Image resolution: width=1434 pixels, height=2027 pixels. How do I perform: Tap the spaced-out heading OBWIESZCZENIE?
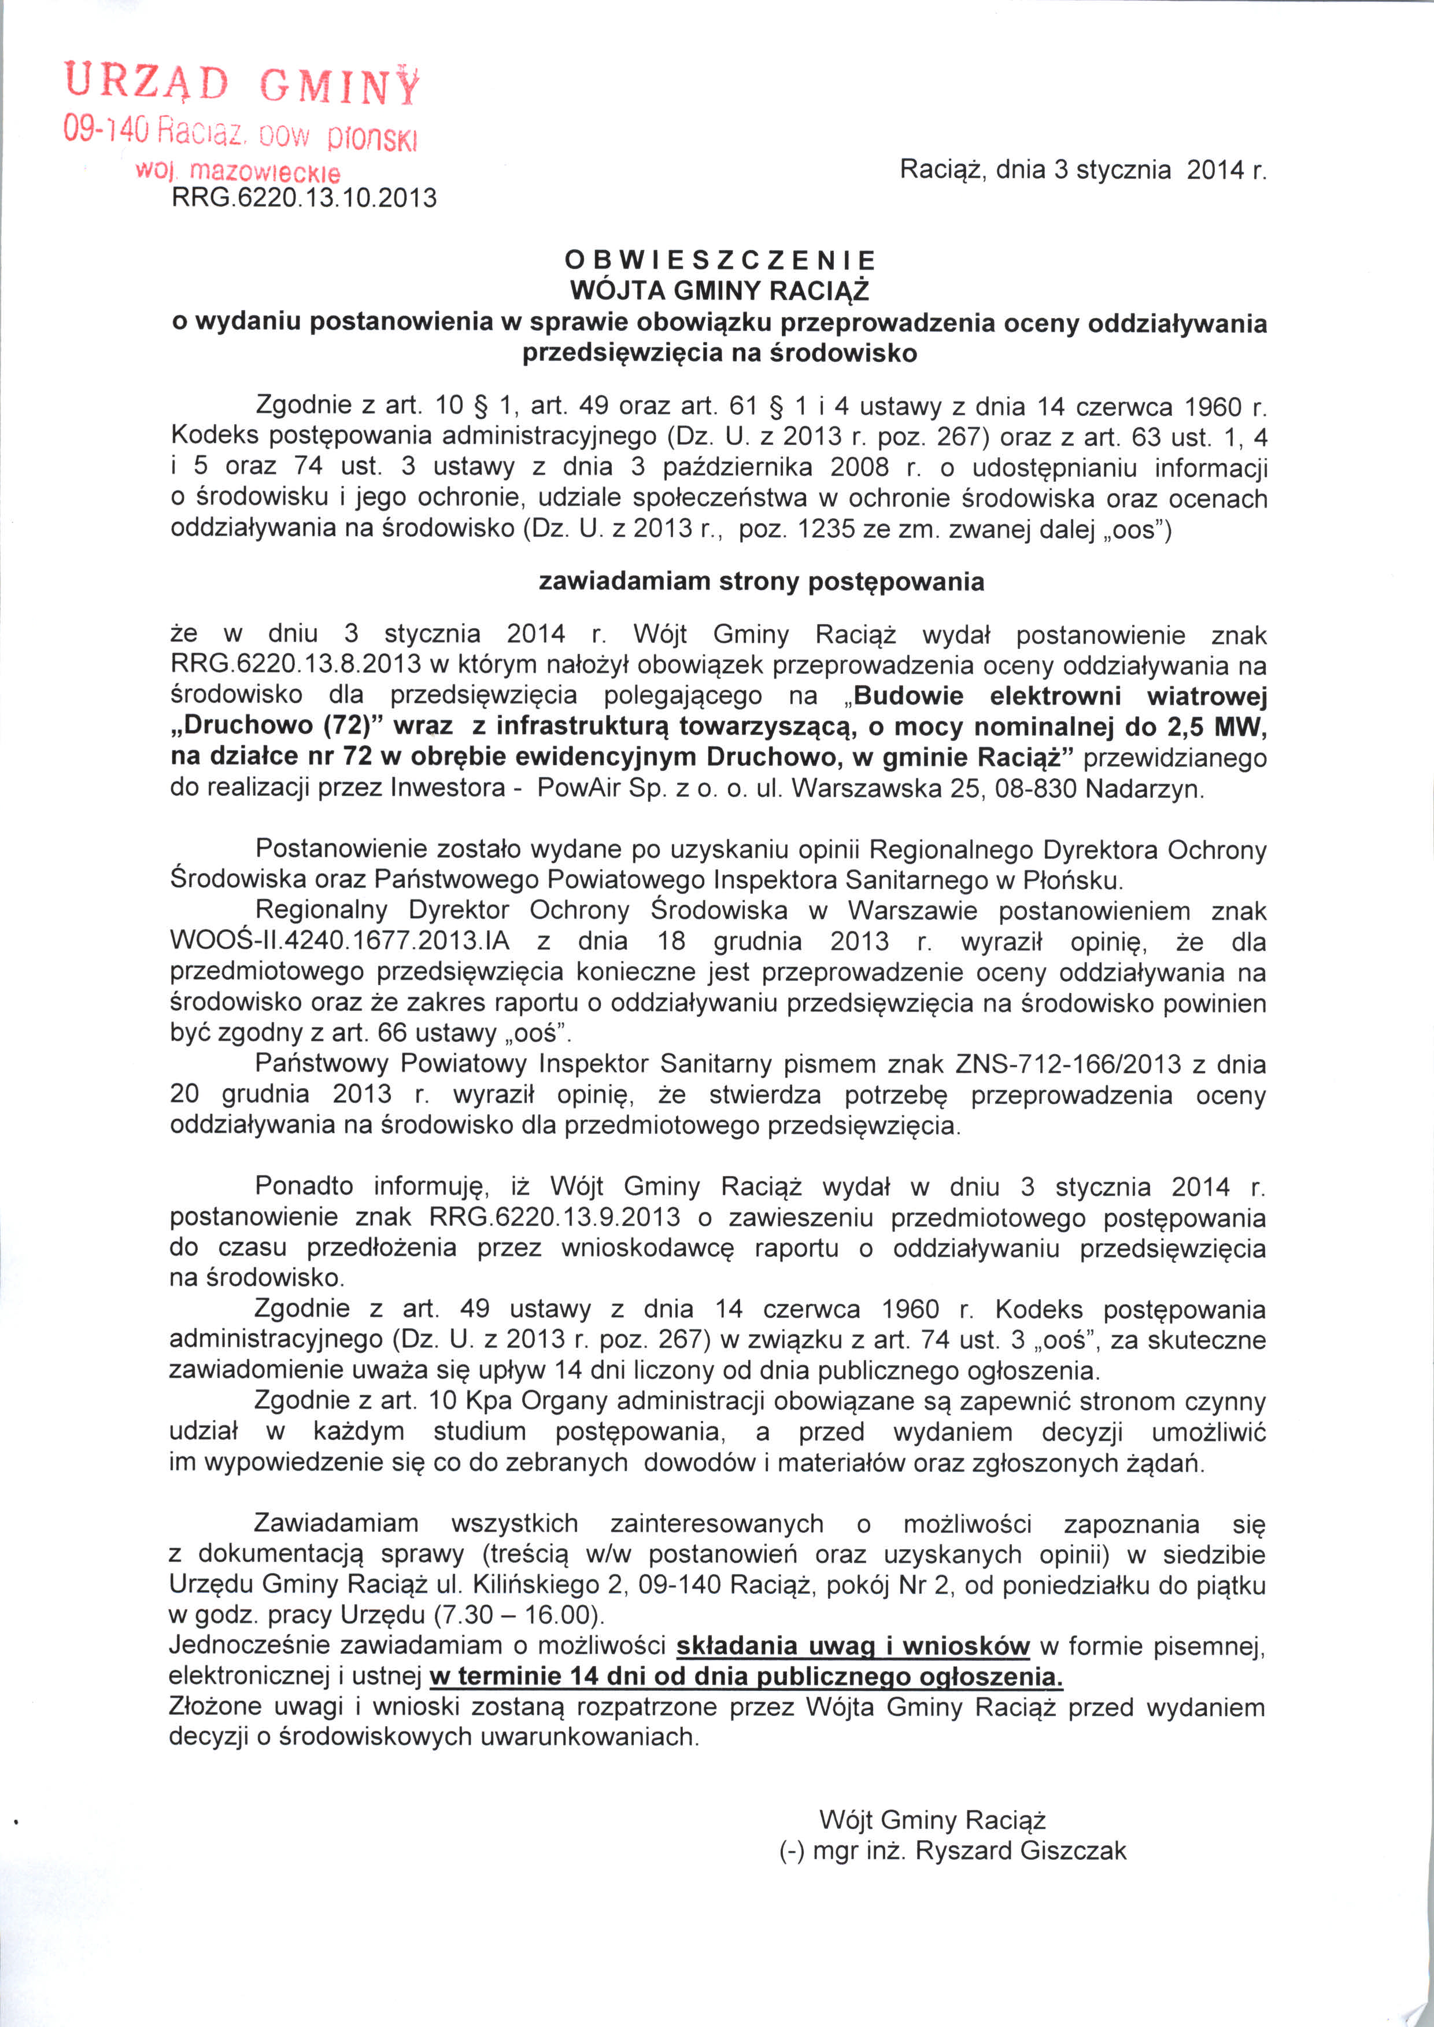click(720, 260)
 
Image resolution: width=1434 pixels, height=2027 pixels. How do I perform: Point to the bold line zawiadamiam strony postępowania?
click(761, 582)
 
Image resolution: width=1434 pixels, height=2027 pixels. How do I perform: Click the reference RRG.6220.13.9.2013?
click(555, 1217)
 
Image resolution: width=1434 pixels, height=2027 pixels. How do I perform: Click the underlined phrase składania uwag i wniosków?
click(853, 1647)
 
